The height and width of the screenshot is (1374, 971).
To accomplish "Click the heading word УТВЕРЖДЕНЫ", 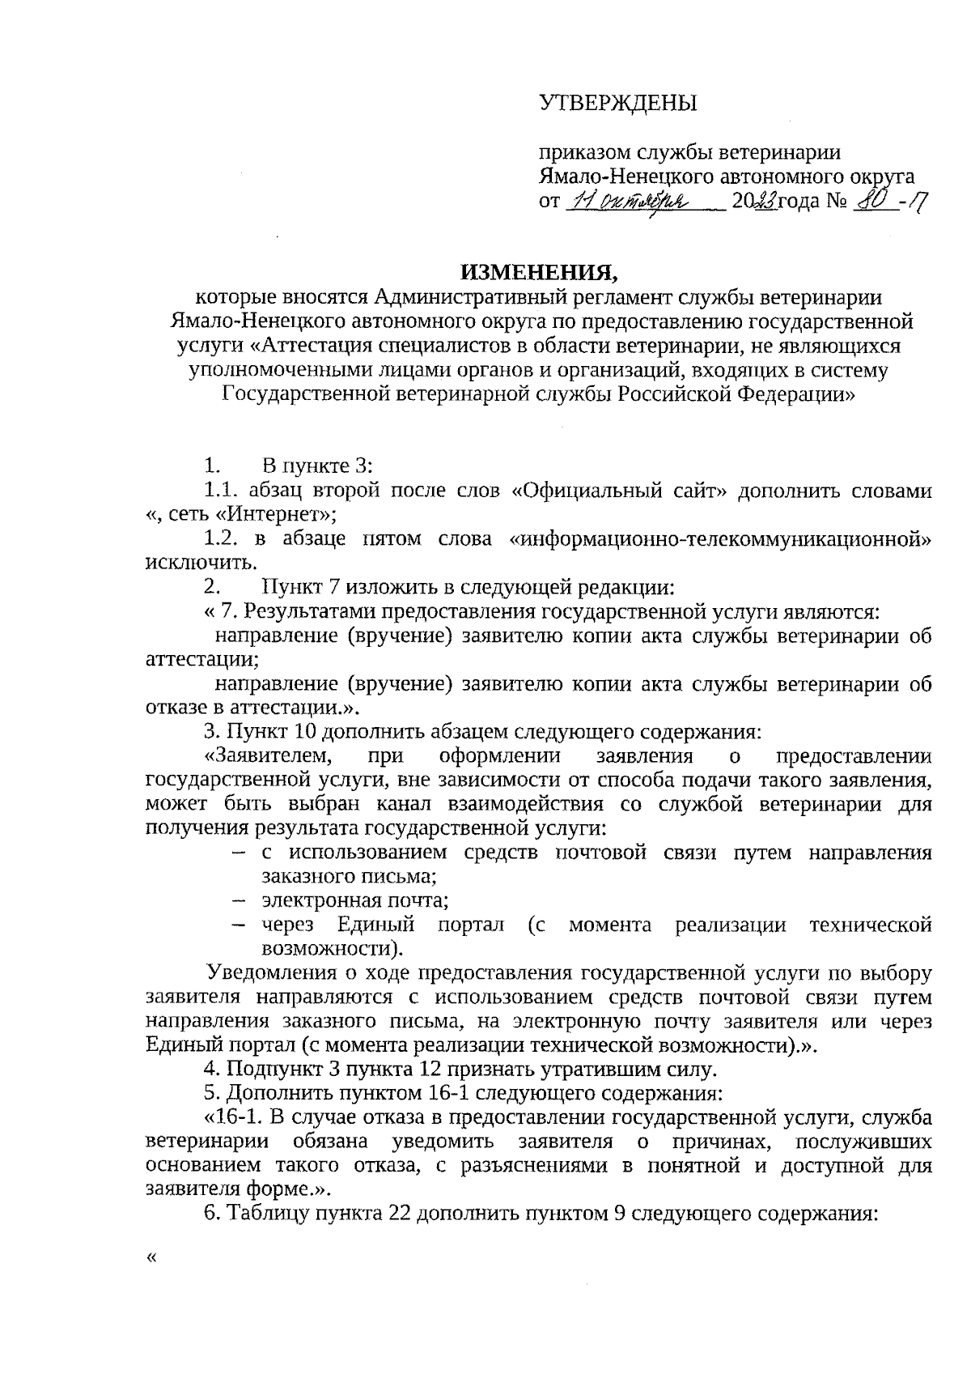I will click(618, 103).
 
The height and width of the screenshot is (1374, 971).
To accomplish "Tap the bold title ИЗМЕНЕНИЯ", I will click(536, 271).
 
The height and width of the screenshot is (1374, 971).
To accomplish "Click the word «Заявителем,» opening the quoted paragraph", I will click(270, 756).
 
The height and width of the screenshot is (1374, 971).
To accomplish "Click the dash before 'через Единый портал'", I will click(239, 925).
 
